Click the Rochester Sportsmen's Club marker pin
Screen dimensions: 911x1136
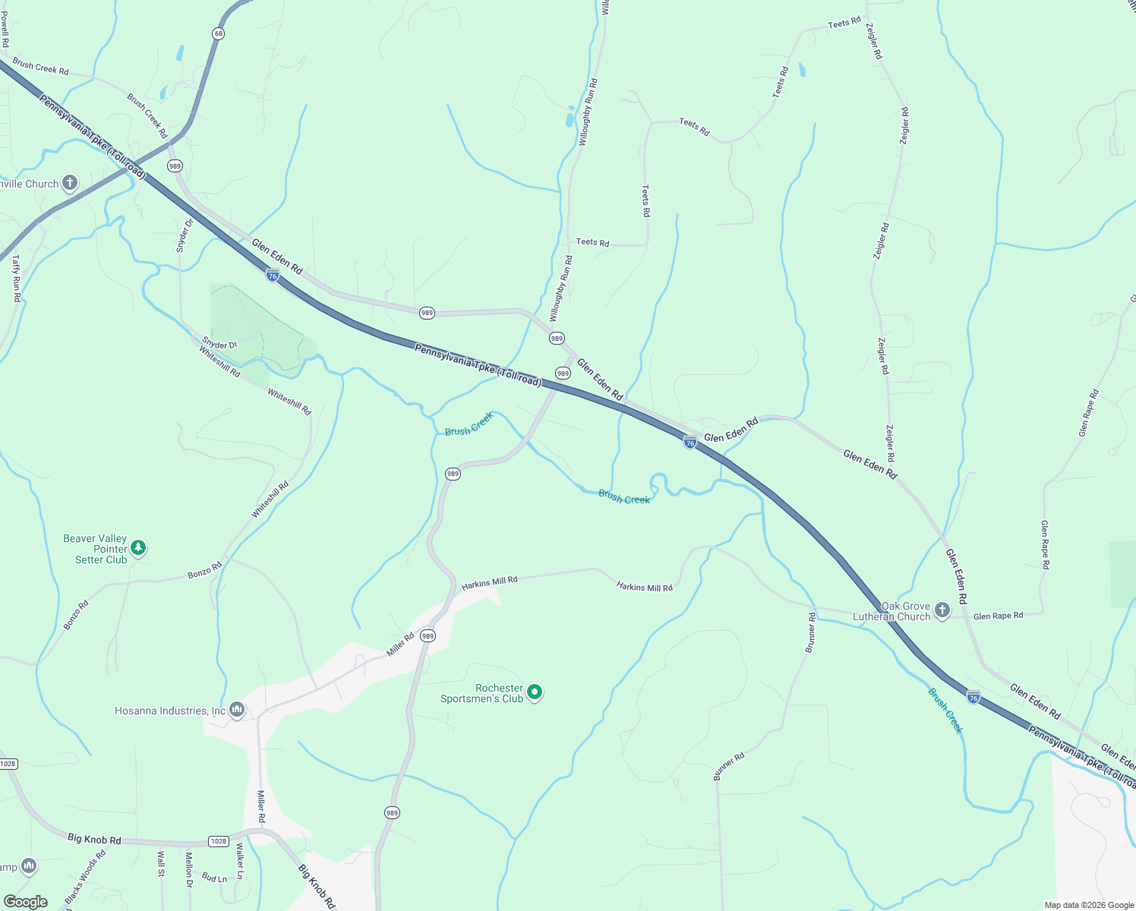535,692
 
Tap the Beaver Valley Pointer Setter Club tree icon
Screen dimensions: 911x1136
138,547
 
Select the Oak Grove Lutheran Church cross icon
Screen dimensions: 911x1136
942,610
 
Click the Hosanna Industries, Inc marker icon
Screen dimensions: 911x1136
237,710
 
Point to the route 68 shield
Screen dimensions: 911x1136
219,34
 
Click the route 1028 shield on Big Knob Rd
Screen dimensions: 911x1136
219,841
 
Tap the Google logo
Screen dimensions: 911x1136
26,902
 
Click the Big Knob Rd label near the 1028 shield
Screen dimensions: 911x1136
94,839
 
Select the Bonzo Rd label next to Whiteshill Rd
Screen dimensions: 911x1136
205,570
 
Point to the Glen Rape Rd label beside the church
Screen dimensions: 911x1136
998,616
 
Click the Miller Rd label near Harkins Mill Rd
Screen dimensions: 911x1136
400,645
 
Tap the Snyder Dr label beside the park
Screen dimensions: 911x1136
219,345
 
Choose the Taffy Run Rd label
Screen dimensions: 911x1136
16,279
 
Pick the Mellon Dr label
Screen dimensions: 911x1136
189,869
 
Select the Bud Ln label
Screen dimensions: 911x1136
215,878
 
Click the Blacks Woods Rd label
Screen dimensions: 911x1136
86,878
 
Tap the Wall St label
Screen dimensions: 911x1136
161,864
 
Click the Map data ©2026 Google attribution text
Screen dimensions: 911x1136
1089,905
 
